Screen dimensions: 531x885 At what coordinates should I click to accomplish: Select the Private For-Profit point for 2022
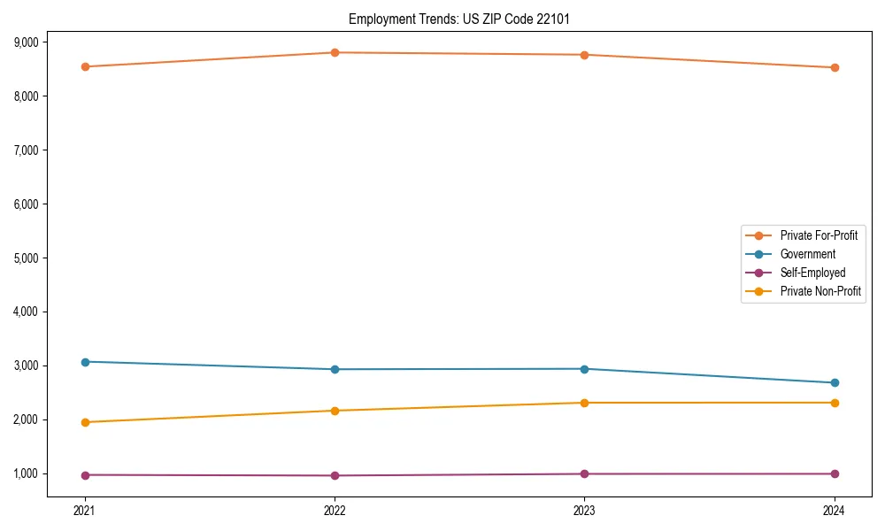click(335, 52)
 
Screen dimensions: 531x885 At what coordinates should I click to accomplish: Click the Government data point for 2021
click(85, 362)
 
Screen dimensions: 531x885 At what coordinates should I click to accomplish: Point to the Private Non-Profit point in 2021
click(85, 422)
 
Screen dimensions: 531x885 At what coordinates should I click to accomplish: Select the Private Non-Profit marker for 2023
click(584, 403)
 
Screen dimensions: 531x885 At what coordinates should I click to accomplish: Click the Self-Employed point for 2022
click(335, 475)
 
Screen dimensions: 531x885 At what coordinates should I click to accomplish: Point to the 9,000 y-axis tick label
click(26, 42)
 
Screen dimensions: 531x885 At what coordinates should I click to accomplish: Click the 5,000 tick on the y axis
click(26, 258)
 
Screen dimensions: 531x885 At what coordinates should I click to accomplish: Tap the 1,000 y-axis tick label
click(26, 473)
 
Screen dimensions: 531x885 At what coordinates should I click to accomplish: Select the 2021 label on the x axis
click(85, 510)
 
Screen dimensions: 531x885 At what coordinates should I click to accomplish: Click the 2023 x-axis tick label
click(584, 510)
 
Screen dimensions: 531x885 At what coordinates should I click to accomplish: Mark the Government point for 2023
click(584, 369)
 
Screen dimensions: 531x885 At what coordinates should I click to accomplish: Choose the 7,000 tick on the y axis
click(26, 150)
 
